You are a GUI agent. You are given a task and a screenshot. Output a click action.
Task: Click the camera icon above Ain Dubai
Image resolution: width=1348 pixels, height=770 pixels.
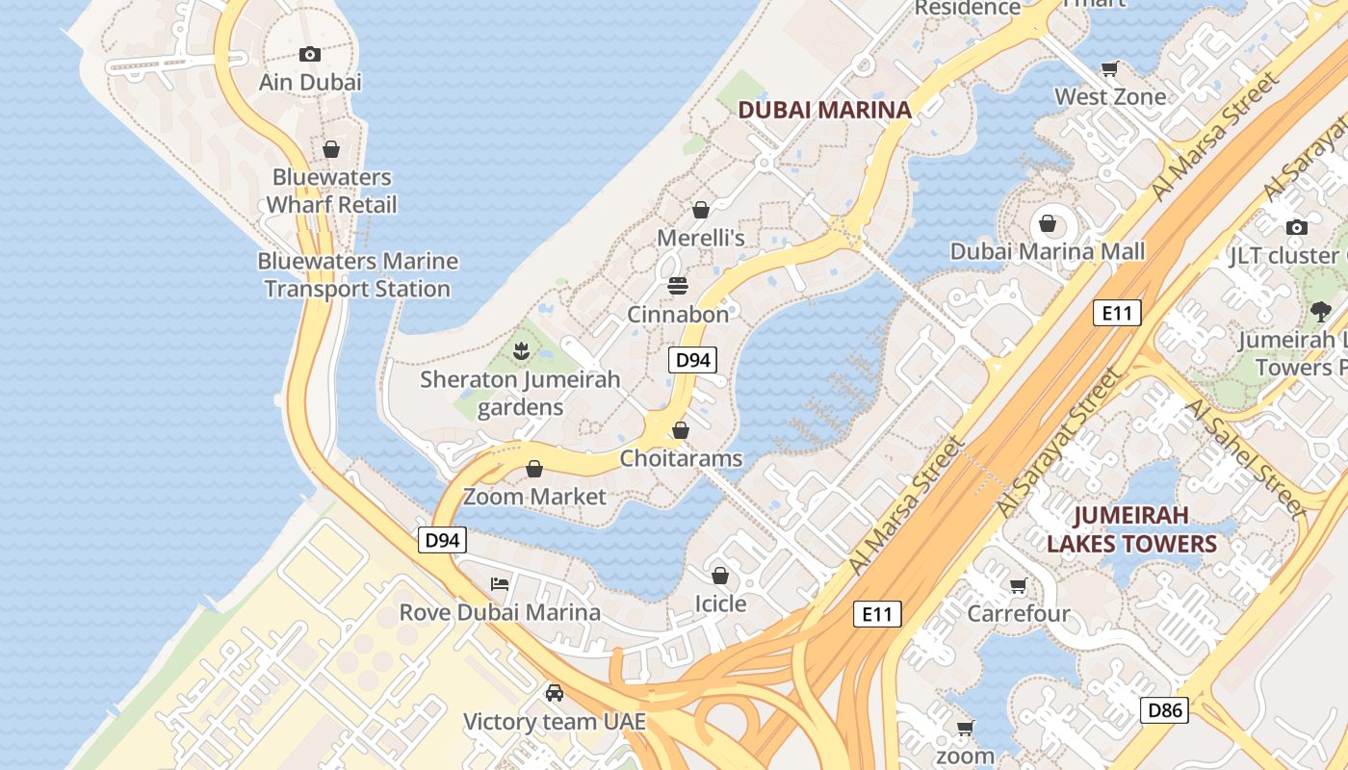309,54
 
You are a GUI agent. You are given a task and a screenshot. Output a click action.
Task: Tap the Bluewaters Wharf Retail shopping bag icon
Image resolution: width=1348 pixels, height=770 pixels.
331,149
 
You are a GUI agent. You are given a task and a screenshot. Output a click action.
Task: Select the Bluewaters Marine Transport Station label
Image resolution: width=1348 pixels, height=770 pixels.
357,275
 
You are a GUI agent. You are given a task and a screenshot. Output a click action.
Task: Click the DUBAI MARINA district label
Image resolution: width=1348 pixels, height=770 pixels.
824,110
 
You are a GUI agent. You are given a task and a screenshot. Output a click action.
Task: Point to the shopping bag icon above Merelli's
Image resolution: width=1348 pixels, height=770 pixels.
701,210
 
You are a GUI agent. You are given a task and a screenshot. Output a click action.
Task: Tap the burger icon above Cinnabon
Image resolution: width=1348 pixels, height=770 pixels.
678,286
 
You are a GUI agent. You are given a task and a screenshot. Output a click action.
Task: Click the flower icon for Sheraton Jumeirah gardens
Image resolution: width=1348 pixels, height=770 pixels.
521,351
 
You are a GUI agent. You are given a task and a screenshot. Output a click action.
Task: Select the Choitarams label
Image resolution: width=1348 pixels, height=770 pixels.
681,458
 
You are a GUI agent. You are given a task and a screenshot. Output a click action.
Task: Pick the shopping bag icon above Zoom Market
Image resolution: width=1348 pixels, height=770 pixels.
534,469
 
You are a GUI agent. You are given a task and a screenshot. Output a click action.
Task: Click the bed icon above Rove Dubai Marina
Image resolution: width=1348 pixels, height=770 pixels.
500,584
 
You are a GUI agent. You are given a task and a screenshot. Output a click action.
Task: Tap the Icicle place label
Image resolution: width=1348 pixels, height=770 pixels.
720,603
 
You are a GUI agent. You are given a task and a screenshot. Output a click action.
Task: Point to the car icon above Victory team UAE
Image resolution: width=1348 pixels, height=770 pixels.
555,693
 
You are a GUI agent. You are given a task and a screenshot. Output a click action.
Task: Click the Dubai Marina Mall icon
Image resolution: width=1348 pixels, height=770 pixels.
1048,224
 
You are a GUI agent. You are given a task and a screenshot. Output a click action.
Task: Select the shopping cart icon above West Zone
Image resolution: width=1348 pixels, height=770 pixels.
1110,68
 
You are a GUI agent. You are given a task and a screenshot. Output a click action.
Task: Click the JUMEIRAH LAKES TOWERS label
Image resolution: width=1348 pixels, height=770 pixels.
1131,529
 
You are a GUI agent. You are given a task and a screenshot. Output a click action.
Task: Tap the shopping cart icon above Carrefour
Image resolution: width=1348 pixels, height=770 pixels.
1018,585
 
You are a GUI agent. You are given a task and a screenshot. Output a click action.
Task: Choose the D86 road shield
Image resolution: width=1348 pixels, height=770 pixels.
1164,711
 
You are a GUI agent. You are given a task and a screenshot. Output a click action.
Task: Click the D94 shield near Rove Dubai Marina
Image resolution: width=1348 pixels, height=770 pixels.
443,540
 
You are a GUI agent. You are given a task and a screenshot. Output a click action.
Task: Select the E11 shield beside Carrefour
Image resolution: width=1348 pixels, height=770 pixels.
877,614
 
